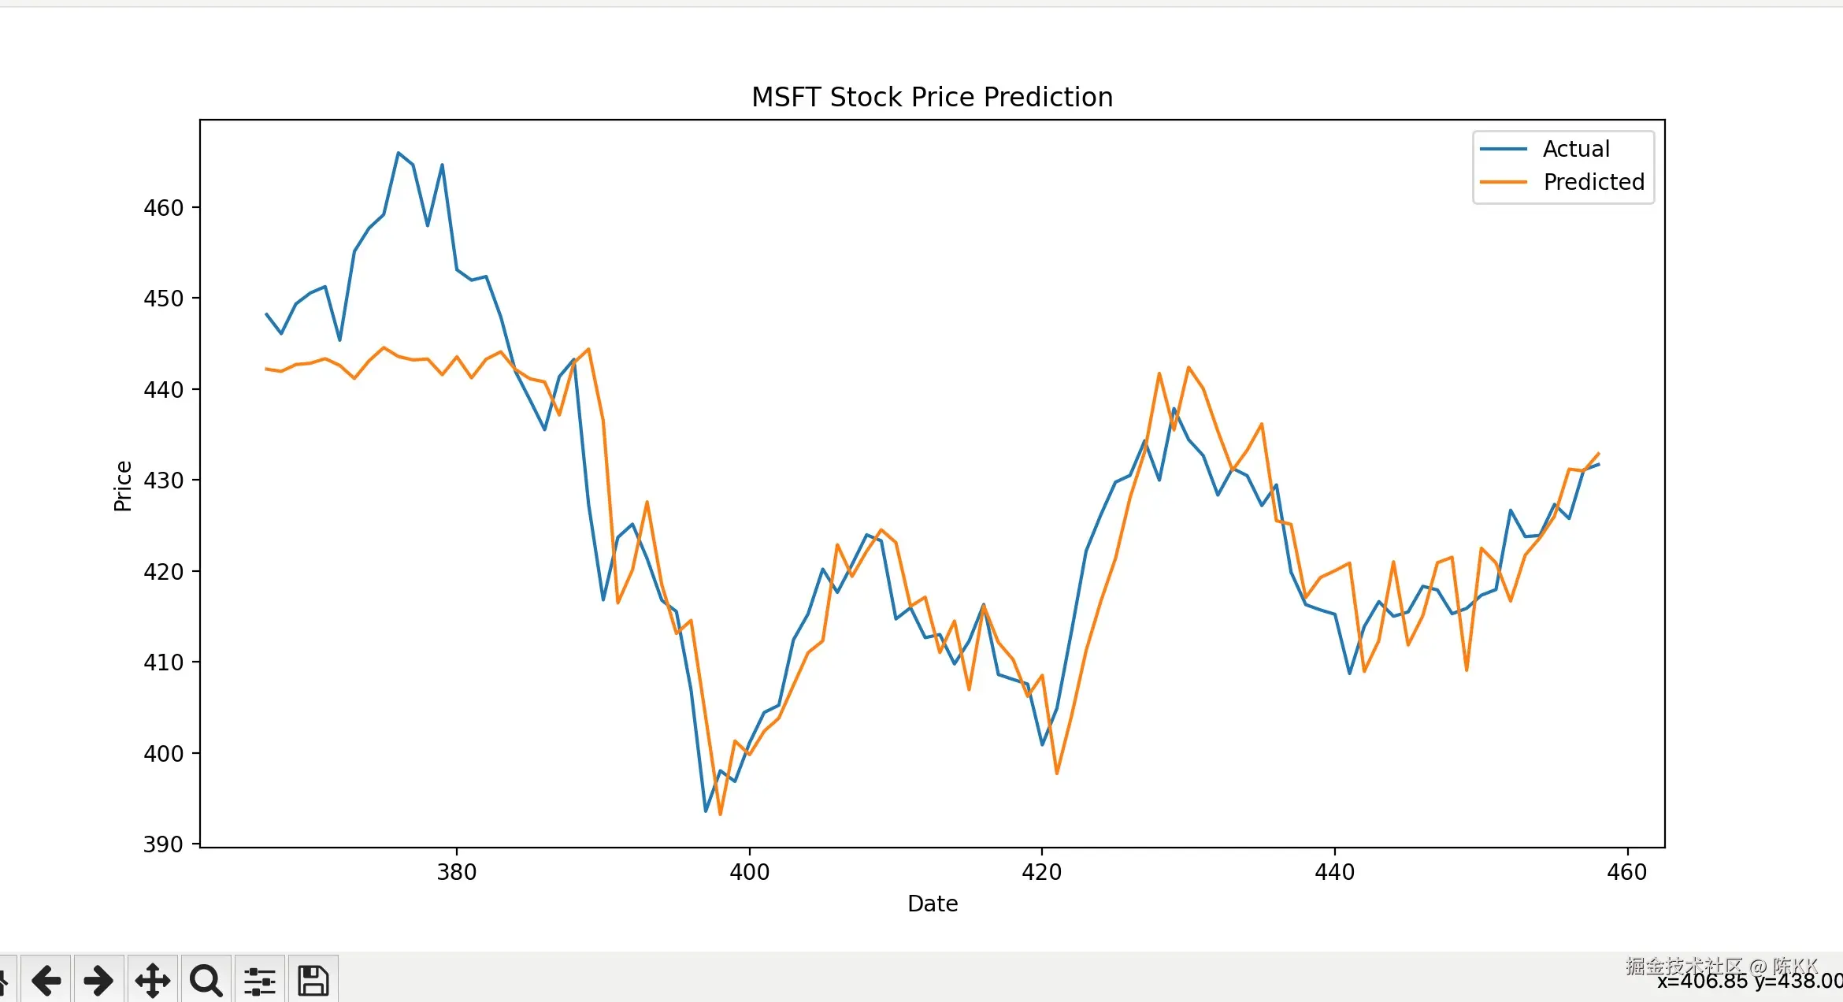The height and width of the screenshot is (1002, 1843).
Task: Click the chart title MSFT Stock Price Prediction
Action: pyautogui.click(x=932, y=97)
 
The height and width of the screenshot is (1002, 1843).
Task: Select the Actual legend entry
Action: pyautogui.click(x=1575, y=149)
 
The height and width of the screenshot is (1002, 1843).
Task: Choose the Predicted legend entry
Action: pyautogui.click(x=1593, y=182)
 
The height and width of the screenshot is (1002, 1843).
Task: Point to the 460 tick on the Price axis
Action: pyautogui.click(x=164, y=208)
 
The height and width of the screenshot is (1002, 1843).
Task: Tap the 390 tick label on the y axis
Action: pyautogui.click(x=164, y=844)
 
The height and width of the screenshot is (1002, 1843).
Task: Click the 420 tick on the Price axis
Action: pyautogui.click(x=164, y=572)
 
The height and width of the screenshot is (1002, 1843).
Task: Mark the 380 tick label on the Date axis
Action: pyautogui.click(x=457, y=872)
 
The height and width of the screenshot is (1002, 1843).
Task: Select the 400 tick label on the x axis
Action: pyautogui.click(x=749, y=872)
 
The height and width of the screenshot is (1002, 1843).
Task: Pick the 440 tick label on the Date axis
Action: pyautogui.click(x=1334, y=872)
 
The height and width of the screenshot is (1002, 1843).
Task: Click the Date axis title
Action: pyautogui.click(x=933, y=904)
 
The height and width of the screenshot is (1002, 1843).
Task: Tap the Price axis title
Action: pyautogui.click(x=123, y=486)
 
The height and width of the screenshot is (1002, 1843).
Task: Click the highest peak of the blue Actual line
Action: pyautogui.click(x=399, y=153)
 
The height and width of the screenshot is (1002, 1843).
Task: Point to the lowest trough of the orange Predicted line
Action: pyautogui.click(x=720, y=815)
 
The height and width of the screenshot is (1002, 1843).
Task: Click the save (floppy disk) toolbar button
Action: pyautogui.click(x=313, y=980)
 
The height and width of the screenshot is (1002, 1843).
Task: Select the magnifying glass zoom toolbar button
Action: pyautogui.click(x=206, y=980)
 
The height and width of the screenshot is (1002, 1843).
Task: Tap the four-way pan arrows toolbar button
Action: pyautogui.click(x=153, y=980)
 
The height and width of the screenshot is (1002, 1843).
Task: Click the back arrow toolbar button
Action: pyautogui.click(x=46, y=980)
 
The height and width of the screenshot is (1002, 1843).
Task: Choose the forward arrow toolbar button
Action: pyautogui.click(x=98, y=980)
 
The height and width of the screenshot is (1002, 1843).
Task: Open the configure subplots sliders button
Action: pyautogui.click(x=260, y=980)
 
